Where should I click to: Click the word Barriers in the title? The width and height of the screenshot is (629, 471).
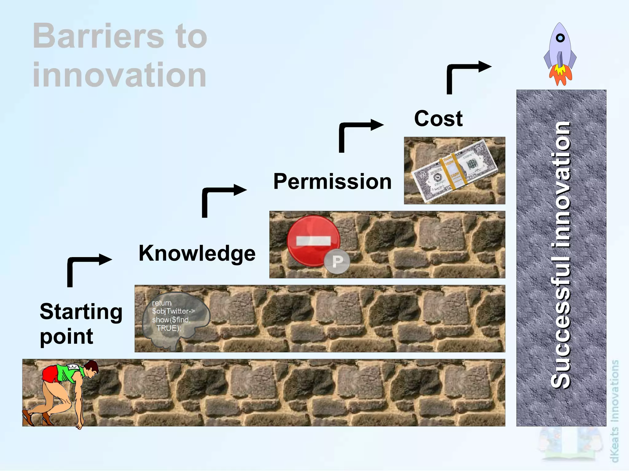click(98, 36)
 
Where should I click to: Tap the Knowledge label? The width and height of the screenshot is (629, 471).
click(197, 253)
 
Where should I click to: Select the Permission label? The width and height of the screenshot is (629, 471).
click(332, 181)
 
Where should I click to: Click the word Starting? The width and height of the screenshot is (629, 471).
click(81, 312)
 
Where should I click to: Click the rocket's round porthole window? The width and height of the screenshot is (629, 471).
click(561, 38)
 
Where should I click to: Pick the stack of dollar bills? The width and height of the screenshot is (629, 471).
click(454, 171)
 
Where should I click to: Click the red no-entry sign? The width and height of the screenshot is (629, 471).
click(313, 241)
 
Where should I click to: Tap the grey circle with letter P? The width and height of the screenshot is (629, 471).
click(337, 262)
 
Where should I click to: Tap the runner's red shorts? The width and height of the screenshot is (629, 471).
click(51, 374)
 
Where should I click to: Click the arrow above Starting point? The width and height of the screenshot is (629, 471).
click(86, 264)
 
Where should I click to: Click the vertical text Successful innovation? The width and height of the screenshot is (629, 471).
click(561, 255)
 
